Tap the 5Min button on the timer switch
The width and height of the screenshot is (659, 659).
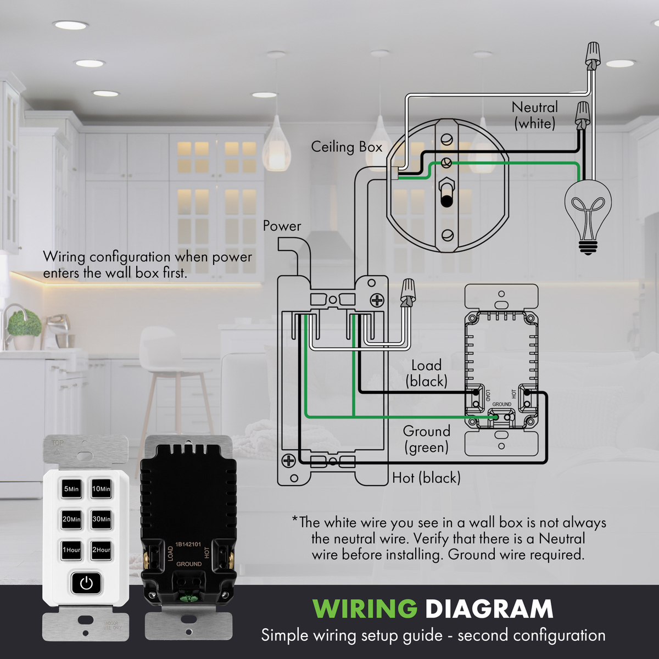[x=71, y=488]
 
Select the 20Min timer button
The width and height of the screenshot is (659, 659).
[x=71, y=518]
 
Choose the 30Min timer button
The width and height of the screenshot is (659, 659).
[x=101, y=518]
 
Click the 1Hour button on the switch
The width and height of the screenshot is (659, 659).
[x=71, y=549]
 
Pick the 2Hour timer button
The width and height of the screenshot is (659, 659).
[x=101, y=549]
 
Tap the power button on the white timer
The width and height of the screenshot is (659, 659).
[x=86, y=583]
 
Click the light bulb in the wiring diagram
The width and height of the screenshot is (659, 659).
[x=588, y=214]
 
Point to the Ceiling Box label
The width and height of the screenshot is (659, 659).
[x=347, y=147]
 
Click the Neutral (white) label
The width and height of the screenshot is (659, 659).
[x=534, y=115]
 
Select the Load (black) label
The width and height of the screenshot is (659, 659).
[x=426, y=373]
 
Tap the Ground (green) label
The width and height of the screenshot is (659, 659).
[x=426, y=439]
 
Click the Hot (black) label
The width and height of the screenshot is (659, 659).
[x=426, y=478]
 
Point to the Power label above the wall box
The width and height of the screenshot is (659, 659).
[x=282, y=226]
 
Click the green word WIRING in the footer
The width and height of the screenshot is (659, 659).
[x=365, y=608]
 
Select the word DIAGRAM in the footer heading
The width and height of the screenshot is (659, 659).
[x=489, y=608]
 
